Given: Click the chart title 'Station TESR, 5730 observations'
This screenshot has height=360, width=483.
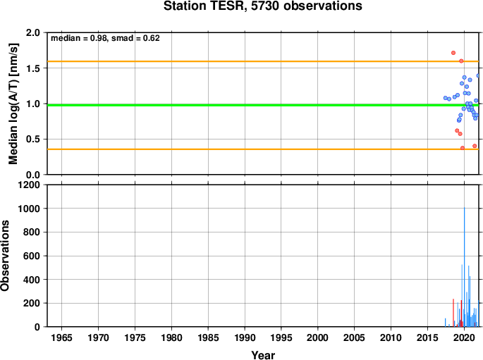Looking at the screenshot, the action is point(263,6).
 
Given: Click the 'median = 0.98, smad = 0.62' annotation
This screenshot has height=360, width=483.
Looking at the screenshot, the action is point(105,38).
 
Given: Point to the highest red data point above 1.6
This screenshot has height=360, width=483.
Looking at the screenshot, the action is point(453,53).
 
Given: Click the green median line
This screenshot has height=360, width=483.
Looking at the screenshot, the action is point(263,105).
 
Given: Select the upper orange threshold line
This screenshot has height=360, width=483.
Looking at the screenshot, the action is point(263,61).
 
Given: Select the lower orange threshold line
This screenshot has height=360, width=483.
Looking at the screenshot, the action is point(263,149).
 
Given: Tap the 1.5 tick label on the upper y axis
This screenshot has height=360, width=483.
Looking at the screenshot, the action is point(33,68).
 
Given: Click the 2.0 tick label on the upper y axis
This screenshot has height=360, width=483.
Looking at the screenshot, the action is point(33,32).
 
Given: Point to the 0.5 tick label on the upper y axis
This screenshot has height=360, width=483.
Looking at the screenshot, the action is point(33,139).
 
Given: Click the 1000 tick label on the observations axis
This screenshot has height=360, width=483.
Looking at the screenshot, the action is point(29,209).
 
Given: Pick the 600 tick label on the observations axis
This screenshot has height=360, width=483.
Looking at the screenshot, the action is point(32,256).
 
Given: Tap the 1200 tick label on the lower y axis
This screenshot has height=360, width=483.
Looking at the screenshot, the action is point(29,185).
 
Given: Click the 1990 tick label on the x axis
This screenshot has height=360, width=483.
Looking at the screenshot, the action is point(245,338).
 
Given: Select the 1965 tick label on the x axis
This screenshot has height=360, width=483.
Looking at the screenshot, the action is point(61,338).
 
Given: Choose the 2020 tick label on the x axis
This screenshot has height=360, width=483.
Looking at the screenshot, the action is point(464,338).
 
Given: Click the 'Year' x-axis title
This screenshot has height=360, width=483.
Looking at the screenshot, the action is point(263,355).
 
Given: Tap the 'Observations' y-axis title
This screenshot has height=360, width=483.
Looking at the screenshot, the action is point(5,256).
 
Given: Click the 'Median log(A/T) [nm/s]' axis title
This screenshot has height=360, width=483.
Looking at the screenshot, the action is point(13,104).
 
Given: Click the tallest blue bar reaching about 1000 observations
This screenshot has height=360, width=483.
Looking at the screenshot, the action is point(465,267).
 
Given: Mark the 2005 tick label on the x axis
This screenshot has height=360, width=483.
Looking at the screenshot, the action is point(354,338).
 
